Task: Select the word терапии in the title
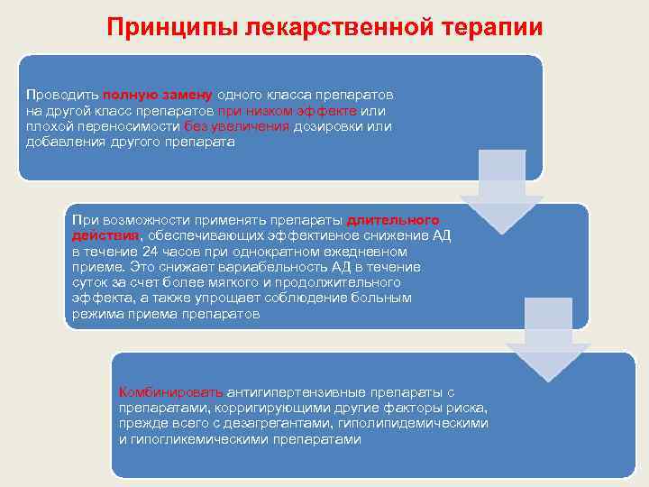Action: [x=497, y=27]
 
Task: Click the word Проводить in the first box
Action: [x=62, y=95]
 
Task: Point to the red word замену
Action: [x=187, y=95]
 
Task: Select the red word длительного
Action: [x=393, y=219]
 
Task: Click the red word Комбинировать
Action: [x=170, y=392]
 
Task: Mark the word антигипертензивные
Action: [x=289, y=392]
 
